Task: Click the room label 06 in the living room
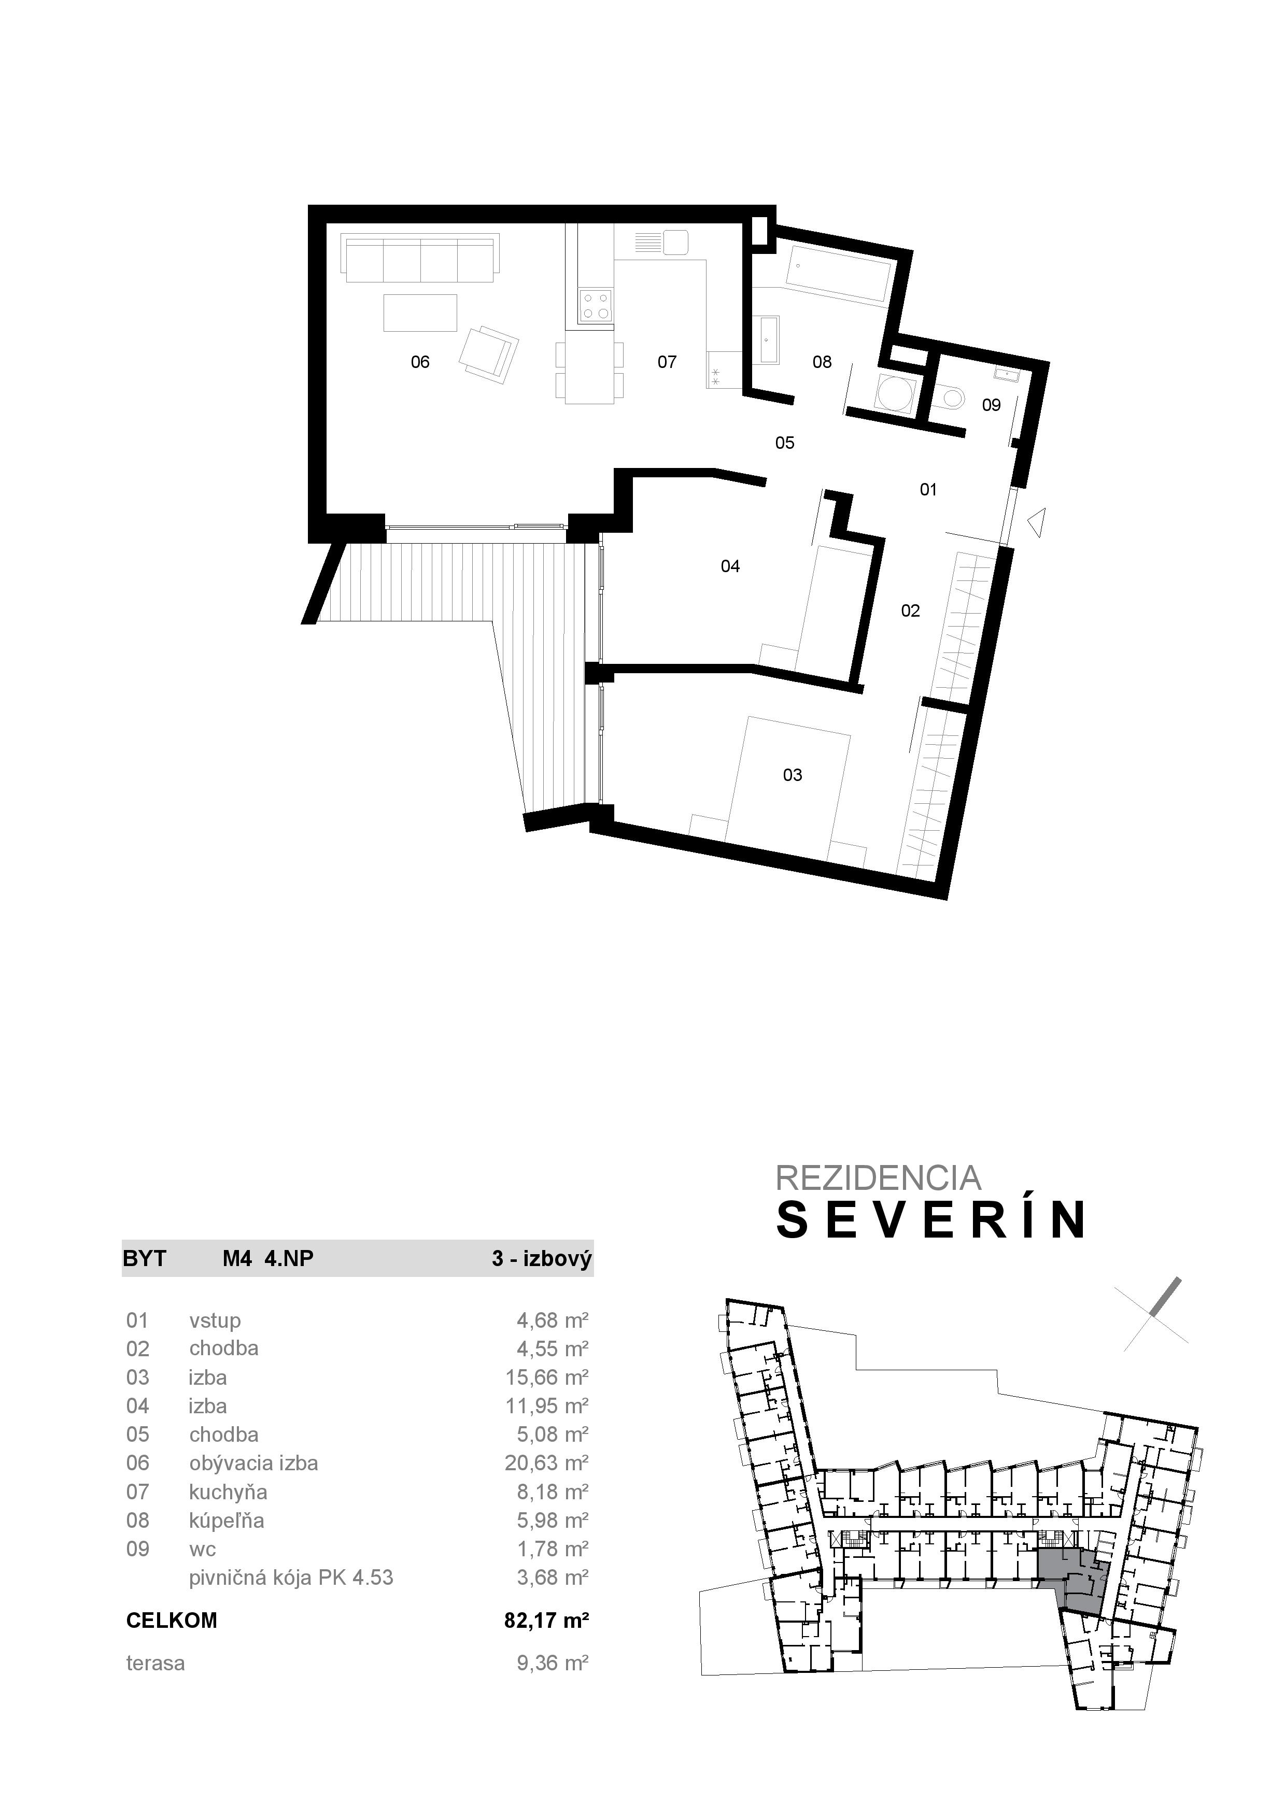420,362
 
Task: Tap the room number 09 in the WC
991,405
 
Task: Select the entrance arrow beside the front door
1036,522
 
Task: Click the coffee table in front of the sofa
420,313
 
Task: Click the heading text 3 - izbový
542,1258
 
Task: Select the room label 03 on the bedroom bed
793,775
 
